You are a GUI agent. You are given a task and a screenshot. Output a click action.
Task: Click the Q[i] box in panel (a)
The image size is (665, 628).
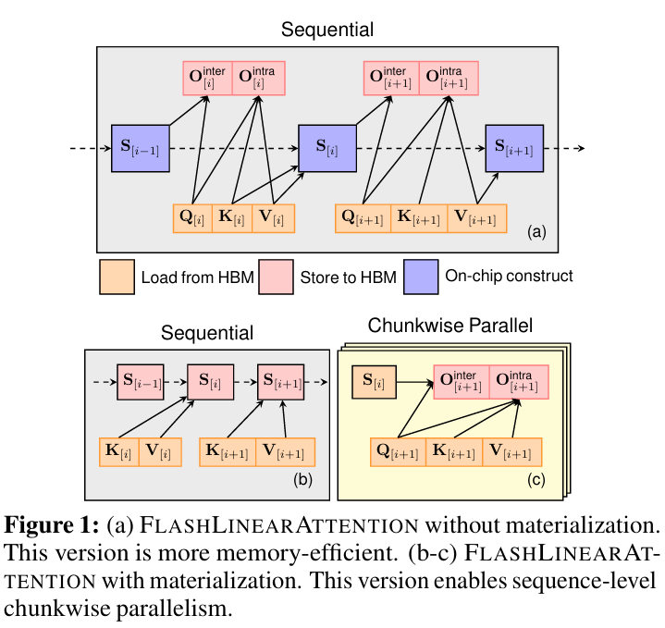192,218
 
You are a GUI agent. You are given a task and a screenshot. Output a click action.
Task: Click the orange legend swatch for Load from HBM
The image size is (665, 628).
117,277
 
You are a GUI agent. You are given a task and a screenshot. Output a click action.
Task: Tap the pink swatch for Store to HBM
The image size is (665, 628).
276,277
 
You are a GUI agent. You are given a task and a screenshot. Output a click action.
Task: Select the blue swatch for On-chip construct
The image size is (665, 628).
424,277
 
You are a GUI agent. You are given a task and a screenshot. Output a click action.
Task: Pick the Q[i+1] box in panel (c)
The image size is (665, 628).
398,452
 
